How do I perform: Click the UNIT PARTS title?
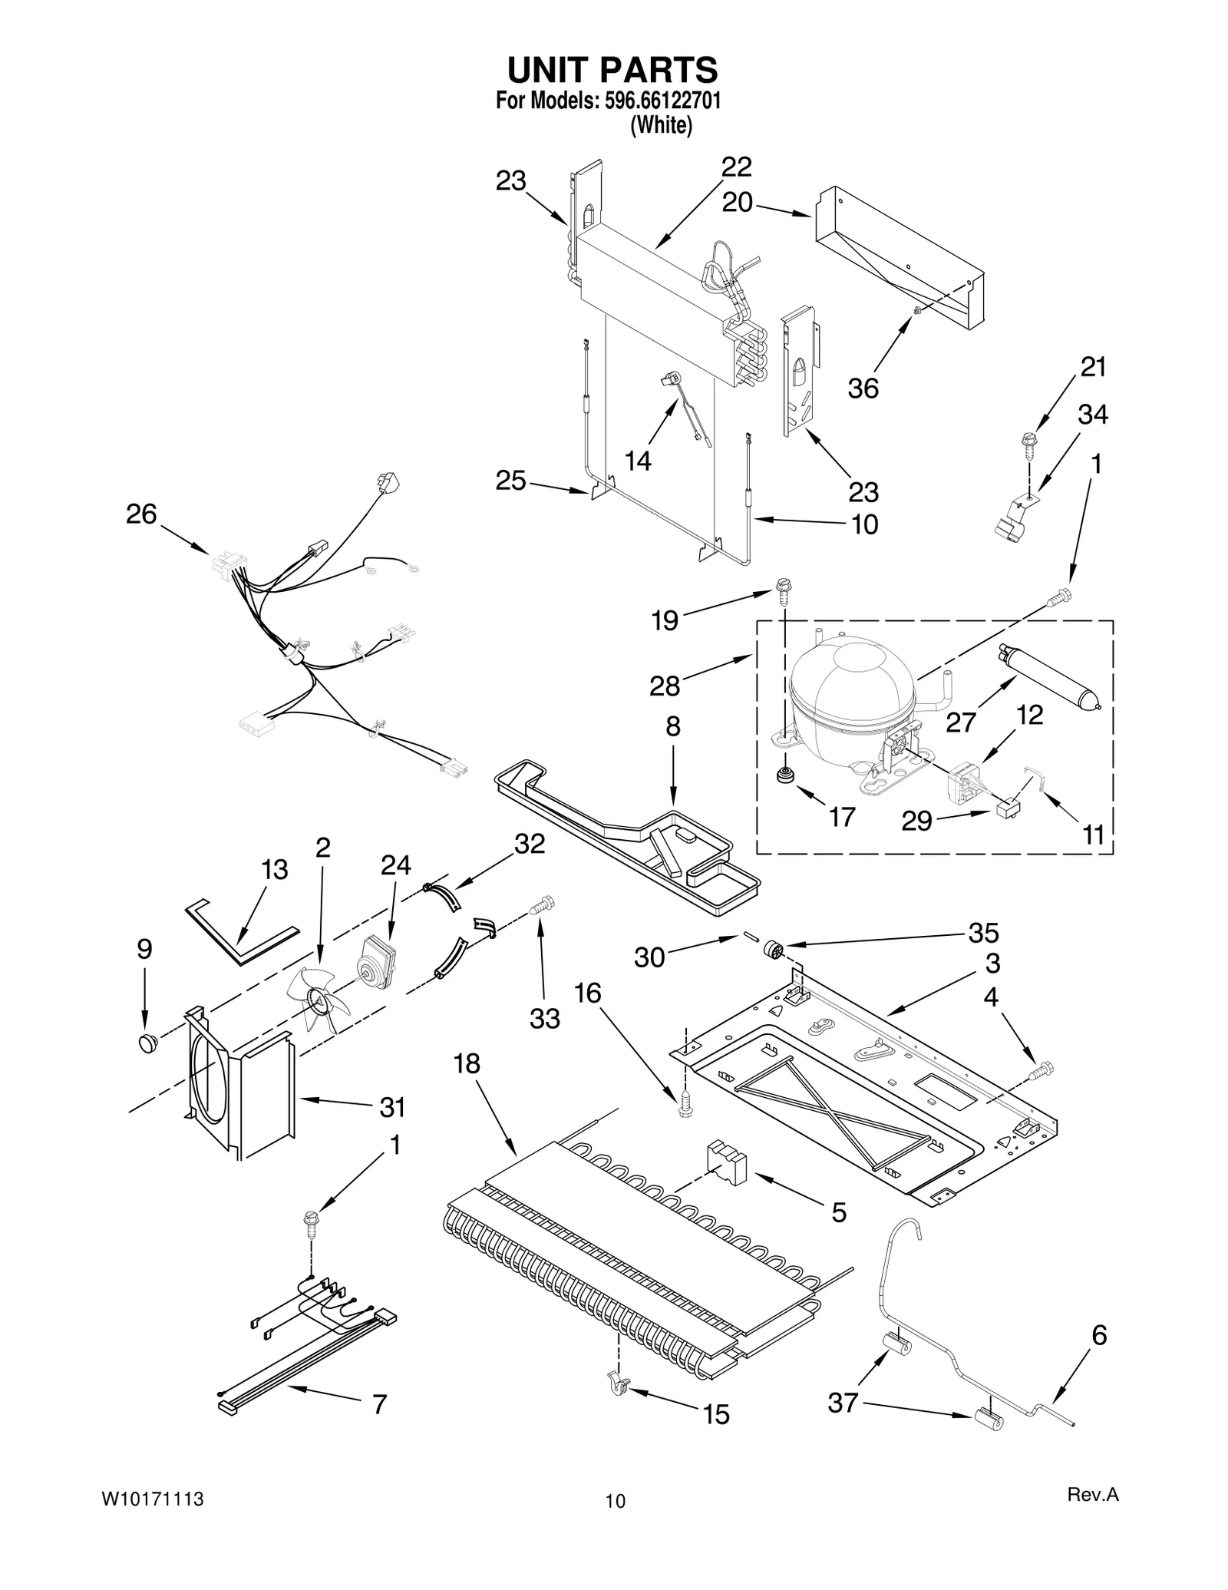[x=612, y=70]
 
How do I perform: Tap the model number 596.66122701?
[x=658, y=101]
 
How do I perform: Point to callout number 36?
[x=863, y=388]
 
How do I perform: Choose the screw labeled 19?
[x=783, y=590]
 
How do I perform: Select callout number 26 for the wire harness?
[x=141, y=514]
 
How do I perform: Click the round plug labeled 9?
[x=147, y=1042]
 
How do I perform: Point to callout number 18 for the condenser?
[x=466, y=1063]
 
